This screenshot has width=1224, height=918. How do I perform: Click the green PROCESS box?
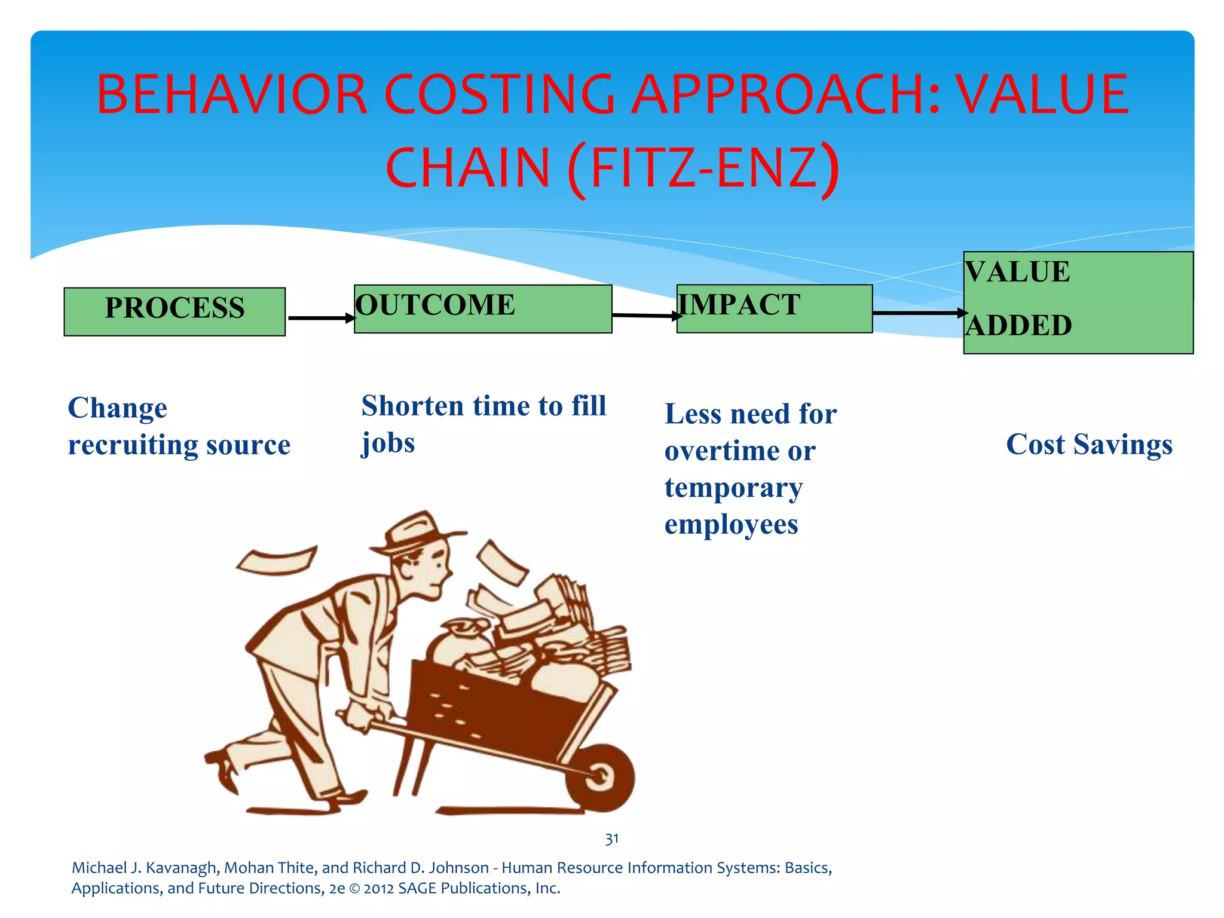[175, 311]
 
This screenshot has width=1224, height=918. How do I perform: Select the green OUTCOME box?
[483, 309]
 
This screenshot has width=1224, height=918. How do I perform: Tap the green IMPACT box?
[775, 308]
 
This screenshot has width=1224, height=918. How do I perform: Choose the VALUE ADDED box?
[1078, 302]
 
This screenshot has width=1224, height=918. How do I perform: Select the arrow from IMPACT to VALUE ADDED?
[919, 313]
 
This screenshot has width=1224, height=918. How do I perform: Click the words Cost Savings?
[1089, 445]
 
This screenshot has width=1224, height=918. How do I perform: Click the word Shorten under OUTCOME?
[412, 406]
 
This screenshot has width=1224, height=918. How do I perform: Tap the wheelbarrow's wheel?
[600, 776]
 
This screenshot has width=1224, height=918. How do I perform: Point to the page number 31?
[611, 839]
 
